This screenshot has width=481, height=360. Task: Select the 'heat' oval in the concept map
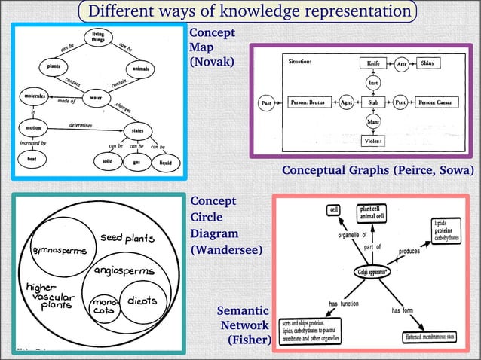[x=32, y=160]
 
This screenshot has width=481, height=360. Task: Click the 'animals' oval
[x=141, y=70]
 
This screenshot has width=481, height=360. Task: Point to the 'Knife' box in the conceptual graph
[x=372, y=64]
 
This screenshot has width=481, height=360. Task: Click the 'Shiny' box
[x=431, y=64]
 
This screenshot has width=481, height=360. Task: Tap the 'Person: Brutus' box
[x=311, y=101]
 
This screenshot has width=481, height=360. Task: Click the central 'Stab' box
[x=372, y=101]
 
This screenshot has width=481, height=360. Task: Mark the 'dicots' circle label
[x=141, y=301]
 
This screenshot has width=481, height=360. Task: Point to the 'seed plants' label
[x=127, y=238]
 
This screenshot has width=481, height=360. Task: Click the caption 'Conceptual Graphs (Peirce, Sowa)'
[x=378, y=170]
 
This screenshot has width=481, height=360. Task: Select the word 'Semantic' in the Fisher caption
[x=243, y=310]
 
